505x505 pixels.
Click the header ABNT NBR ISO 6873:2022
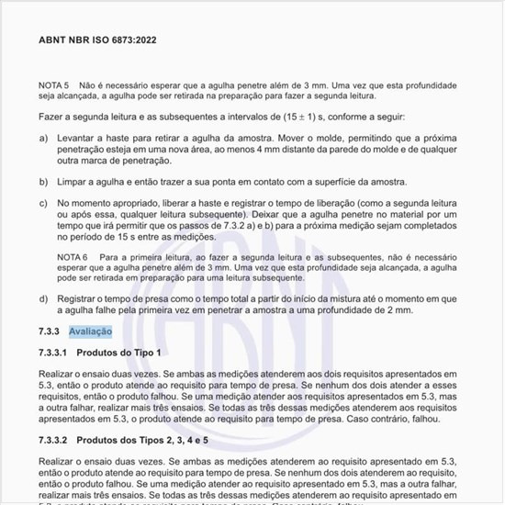coord(99,40)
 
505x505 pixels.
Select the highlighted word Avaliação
coord(90,331)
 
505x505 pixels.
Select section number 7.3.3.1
coord(56,353)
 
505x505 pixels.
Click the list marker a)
coord(44,138)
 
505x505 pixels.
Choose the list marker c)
coord(44,202)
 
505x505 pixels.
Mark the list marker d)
coord(44,299)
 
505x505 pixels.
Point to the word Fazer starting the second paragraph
coord(52,118)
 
